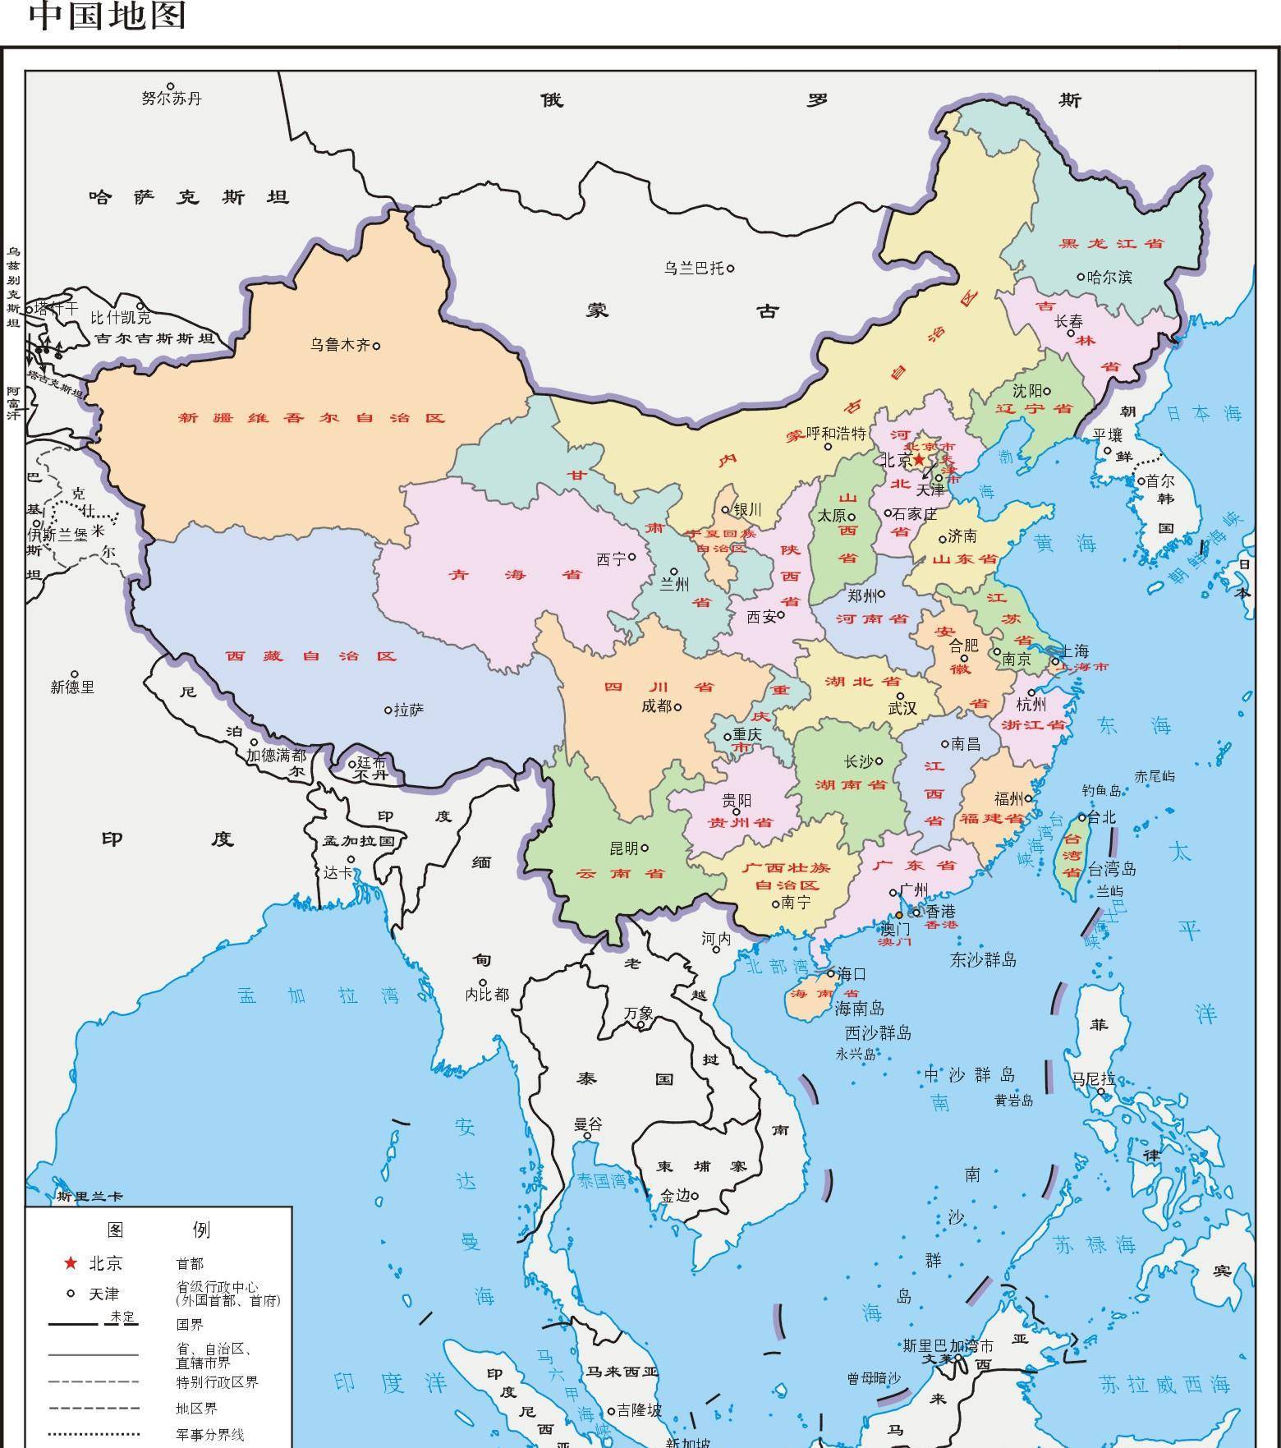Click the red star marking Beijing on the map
[x=919, y=460]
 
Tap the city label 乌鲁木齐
[x=340, y=345]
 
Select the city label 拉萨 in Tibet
[x=409, y=710]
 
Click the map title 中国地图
[x=108, y=16]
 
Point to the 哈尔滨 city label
[x=1109, y=277]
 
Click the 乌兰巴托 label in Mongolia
[x=694, y=268]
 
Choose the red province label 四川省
[x=659, y=687]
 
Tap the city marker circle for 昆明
[x=645, y=848]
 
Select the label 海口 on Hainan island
[x=852, y=974]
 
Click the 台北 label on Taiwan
[x=1103, y=816]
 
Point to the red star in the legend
[x=71, y=1262]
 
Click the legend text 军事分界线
[x=209, y=1435]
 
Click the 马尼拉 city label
[x=1093, y=1079]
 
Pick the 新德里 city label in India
[x=72, y=687]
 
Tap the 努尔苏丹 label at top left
[x=171, y=99]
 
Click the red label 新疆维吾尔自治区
[x=312, y=417]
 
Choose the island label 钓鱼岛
[x=1101, y=790]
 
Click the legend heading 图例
[x=158, y=1229]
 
